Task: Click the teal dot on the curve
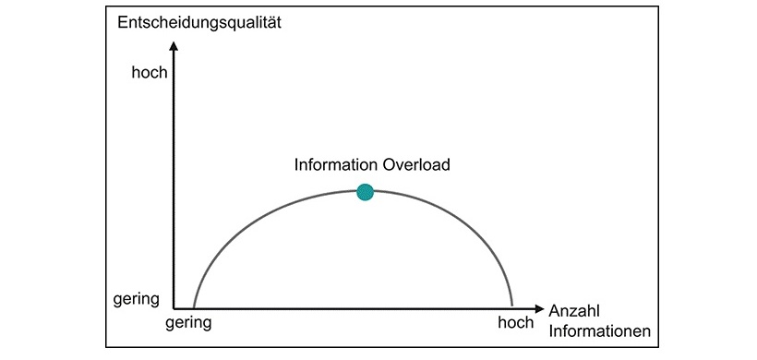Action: point(365,192)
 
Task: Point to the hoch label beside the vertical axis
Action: point(150,71)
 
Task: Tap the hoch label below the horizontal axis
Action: point(515,323)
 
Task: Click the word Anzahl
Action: point(574,311)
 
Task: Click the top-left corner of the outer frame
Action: point(105,6)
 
